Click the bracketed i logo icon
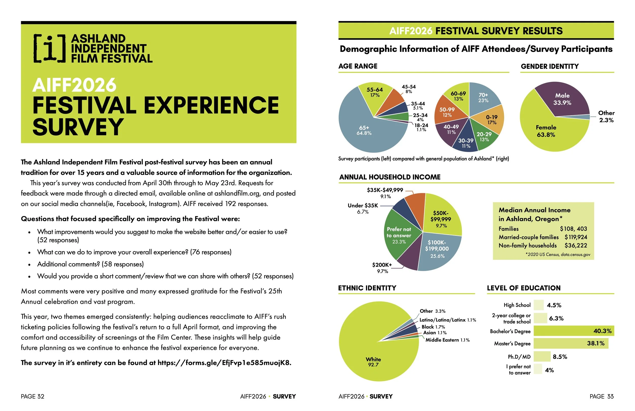(x=50, y=48)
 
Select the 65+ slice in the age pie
(x=364, y=131)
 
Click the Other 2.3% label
(x=606, y=117)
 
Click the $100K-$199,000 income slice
(x=438, y=249)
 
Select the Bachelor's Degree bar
(x=574, y=331)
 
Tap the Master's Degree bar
(x=571, y=343)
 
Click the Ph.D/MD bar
(x=542, y=357)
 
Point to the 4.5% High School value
(x=554, y=305)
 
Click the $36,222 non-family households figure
(x=576, y=246)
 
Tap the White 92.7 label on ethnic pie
(x=373, y=362)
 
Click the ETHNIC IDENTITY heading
(x=367, y=288)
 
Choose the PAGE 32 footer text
(x=33, y=396)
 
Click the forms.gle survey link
(x=224, y=363)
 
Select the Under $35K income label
(x=363, y=205)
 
